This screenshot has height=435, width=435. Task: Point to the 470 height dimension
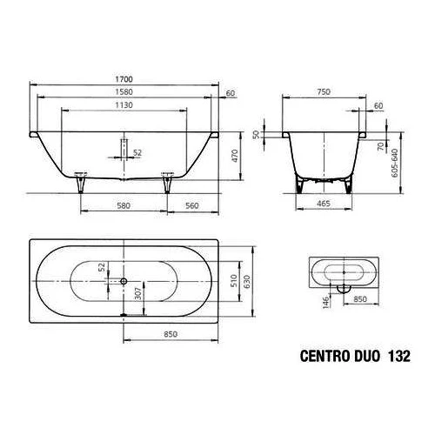click(x=235, y=157)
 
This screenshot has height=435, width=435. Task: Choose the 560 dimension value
click(x=192, y=206)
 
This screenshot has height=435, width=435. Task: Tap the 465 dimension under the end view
click(x=323, y=206)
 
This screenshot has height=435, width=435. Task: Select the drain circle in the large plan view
click(x=125, y=281)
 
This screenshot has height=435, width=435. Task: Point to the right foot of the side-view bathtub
click(x=167, y=182)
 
